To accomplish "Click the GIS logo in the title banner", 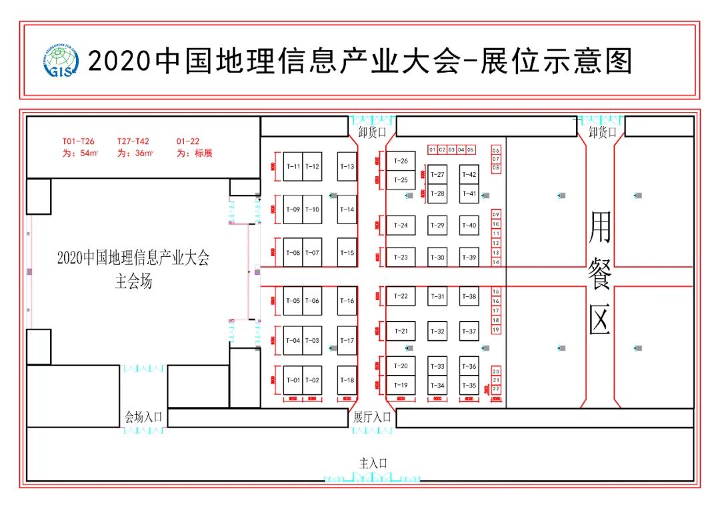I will pyautogui.click(x=60, y=61).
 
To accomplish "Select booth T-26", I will pyautogui.click(x=401, y=161).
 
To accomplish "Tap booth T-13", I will pyautogui.click(x=347, y=166).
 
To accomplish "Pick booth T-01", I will pyautogui.click(x=293, y=380).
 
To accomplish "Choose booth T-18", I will pyautogui.click(x=347, y=380).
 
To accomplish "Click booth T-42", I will pyautogui.click(x=469, y=175).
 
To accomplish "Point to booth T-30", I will pyautogui.click(x=437, y=258).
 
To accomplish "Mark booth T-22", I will pyautogui.click(x=401, y=296).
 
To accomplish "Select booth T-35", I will pyautogui.click(x=469, y=386).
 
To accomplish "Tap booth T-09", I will pyautogui.click(x=293, y=209).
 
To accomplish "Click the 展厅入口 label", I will pyautogui.click(x=372, y=418).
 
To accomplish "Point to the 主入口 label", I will pyautogui.click(x=373, y=463).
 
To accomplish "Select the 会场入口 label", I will pyautogui.click(x=143, y=418).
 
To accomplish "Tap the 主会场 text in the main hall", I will pyautogui.click(x=133, y=282).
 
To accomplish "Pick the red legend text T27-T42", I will pyautogui.click(x=133, y=141).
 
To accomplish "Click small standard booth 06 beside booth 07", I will pyautogui.click(x=496, y=151).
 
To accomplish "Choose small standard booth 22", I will pyautogui.click(x=496, y=389).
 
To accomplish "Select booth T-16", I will pyautogui.click(x=347, y=301).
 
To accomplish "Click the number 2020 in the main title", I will pyautogui.click(x=120, y=62).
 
